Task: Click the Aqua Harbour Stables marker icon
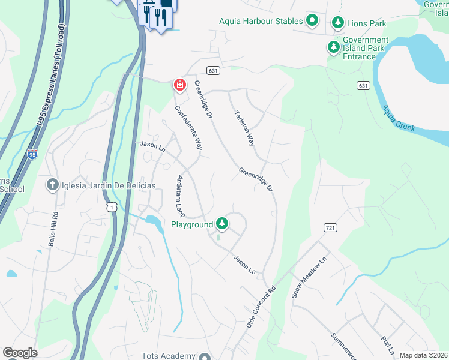click(x=312, y=21)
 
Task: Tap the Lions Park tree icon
click(x=338, y=23)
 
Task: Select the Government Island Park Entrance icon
click(x=333, y=47)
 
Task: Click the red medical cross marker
click(x=179, y=85)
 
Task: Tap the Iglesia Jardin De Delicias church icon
click(x=53, y=185)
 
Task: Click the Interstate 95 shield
click(x=32, y=154)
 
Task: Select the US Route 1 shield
click(x=111, y=206)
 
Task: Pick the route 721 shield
click(x=330, y=228)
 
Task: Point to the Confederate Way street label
click(x=187, y=128)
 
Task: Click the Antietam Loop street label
click(x=179, y=196)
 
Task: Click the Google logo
click(x=19, y=353)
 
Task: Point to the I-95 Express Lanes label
click(x=48, y=84)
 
